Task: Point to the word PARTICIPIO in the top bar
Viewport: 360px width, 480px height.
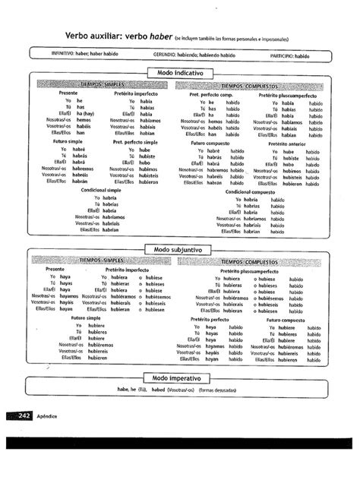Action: pos(282,55)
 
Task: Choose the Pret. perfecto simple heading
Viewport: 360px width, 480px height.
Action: pos(134,141)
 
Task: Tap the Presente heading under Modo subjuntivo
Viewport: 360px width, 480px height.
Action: pos(55,270)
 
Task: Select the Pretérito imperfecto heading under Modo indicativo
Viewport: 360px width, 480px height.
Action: pos(135,93)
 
